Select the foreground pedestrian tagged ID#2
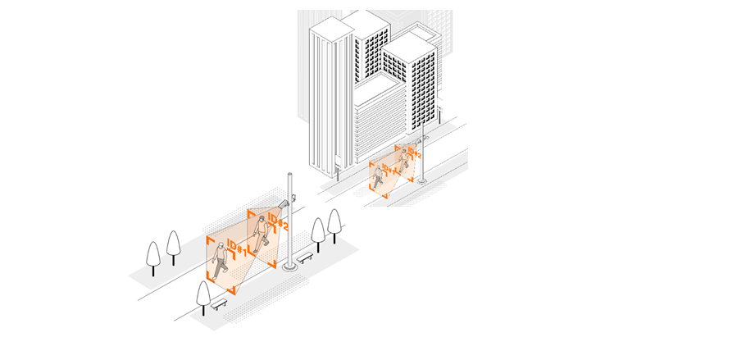click(261, 235)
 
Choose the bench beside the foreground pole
click(305, 257)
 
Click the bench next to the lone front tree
click(219, 303)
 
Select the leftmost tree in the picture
click(152, 255)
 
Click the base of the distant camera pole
click(422, 180)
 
